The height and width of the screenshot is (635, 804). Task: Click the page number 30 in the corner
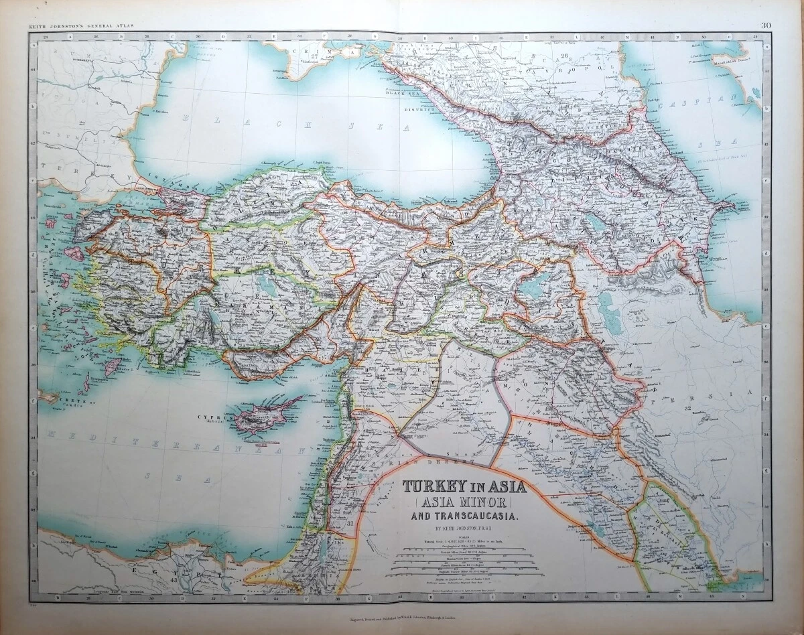(x=766, y=25)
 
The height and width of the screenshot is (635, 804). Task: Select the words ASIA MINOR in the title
(x=463, y=501)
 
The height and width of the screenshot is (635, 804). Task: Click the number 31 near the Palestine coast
(x=350, y=523)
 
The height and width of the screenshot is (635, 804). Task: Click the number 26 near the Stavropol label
(x=563, y=56)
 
